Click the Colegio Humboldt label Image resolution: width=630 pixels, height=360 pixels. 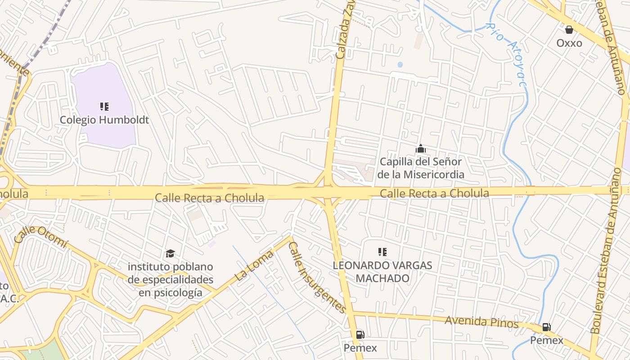click(104, 120)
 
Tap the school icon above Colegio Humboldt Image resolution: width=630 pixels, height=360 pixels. click(104, 107)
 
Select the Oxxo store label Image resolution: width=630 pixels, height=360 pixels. click(569, 43)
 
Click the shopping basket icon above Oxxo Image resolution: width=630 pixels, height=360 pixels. click(569, 30)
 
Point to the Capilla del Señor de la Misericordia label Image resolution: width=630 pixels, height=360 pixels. click(421, 168)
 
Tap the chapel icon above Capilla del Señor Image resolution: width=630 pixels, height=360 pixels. click(421, 148)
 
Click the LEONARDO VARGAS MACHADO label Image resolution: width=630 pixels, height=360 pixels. click(382, 272)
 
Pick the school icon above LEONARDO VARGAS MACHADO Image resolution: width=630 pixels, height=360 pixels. click(382, 252)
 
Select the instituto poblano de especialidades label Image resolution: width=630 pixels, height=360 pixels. click(170, 279)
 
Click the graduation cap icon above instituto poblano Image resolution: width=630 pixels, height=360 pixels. click(170, 253)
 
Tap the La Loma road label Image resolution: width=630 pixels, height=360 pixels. click(254, 266)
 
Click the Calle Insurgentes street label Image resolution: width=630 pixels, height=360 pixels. click(317, 277)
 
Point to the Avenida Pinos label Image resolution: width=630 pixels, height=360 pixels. click(481, 322)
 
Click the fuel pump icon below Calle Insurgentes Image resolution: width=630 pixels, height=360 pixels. click(360, 334)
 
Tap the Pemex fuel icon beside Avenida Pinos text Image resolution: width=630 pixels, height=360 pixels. click(546, 327)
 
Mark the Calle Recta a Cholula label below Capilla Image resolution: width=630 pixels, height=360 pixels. click(434, 193)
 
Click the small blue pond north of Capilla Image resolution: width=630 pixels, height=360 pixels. click(400, 65)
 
